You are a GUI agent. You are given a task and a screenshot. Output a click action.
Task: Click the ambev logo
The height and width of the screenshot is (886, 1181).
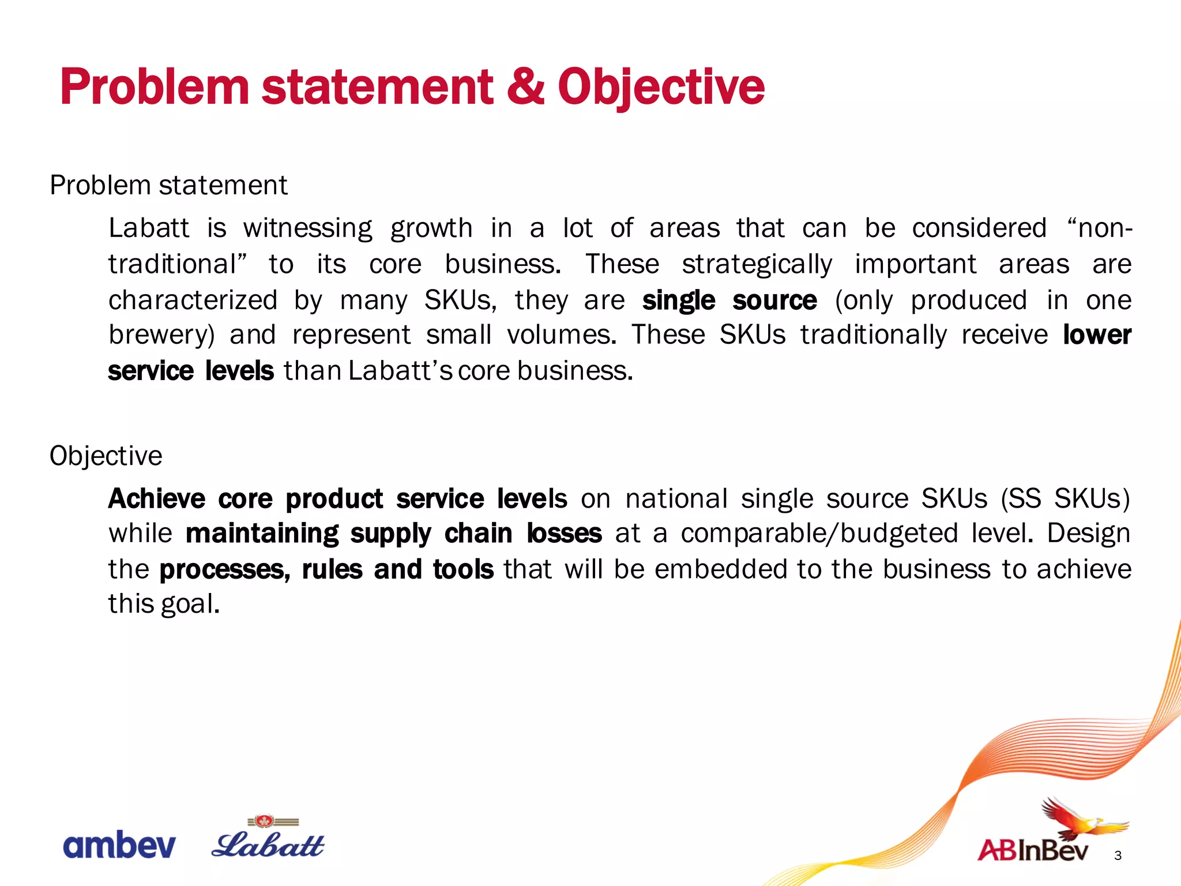point(119,846)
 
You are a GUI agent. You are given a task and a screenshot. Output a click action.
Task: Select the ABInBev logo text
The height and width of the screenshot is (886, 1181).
point(1033,851)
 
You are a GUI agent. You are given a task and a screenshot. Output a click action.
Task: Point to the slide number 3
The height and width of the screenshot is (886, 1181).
point(1118,855)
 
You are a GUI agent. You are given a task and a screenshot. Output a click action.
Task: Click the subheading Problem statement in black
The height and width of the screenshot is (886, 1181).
point(168,186)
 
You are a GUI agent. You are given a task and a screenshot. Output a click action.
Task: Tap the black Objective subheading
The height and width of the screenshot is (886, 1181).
point(106,456)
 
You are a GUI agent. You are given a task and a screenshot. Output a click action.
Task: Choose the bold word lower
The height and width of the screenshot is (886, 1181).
point(1097,335)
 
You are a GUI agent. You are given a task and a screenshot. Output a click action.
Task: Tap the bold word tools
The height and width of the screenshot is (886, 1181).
point(463,569)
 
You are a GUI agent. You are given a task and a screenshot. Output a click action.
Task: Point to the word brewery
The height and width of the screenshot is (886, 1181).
point(161,336)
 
